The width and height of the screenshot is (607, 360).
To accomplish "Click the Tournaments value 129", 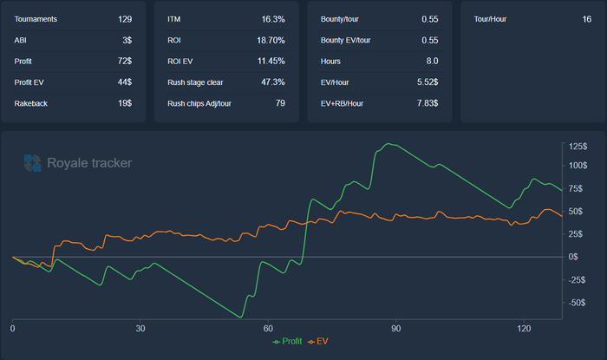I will [125, 18].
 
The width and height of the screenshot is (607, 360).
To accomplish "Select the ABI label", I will [21, 40].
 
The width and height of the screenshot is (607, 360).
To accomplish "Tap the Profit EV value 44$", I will [125, 82].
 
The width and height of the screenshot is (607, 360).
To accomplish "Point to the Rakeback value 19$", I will [125, 103].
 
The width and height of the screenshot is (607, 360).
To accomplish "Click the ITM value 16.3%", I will [273, 18].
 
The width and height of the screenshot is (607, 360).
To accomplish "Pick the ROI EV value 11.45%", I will [269, 82].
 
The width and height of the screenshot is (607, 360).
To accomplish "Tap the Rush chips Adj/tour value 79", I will [280, 103].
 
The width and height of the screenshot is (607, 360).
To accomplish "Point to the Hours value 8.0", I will [431, 61].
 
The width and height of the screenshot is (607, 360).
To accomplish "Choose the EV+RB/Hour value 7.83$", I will [427, 103].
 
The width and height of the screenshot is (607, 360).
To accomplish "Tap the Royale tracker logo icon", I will [32, 162].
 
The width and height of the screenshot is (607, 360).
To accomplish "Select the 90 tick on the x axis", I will [395, 330].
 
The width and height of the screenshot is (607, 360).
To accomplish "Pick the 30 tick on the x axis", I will [140, 330].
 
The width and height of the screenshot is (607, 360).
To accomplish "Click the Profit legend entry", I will [288, 342].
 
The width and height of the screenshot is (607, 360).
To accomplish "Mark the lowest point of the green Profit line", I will [242, 317].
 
